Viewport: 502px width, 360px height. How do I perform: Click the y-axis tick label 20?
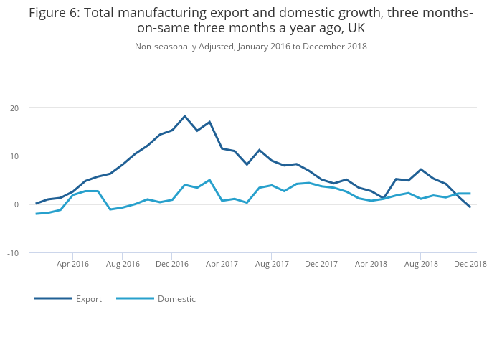pyautogui.click(x=14, y=108)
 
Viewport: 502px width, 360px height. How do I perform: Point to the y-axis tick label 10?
pyautogui.click(x=14, y=156)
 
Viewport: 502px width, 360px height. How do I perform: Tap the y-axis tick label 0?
pyautogui.click(x=16, y=205)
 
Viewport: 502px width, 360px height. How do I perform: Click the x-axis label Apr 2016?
pyautogui.click(x=72, y=265)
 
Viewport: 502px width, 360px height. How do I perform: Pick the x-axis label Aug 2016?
pyautogui.click(x=123, y=265)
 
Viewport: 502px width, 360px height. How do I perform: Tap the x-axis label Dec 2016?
pyautogui.click(x=172, y=265)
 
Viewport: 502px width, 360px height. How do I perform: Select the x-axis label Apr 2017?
pyautogui.click(x=222, y=265)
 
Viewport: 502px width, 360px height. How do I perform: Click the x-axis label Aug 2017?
pyautogui.click(x=272, y=265)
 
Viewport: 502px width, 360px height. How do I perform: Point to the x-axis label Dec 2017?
pyautogui.click(x=321, y=265)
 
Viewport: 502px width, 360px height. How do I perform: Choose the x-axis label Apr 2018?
pyautogui.click(x=371, y=265)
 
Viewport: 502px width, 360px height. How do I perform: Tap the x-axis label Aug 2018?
pyautogui.click(x=421, y=265)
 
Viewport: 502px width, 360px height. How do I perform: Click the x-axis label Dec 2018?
pyautogui.click(x=470, y=265)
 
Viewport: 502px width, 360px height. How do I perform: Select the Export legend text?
pyautogui.click(x=89, y=299)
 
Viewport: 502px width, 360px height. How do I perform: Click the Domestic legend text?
pyautogui.click(x=176, y=299)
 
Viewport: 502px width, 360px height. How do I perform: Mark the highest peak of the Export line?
pyautogui.click(x=185, y=116)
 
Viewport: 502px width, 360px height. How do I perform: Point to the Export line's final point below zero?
pyautogui.click(x=470, y=207)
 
